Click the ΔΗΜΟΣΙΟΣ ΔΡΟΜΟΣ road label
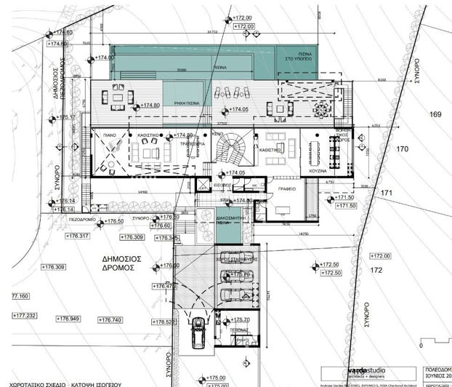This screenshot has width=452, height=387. point(119,263)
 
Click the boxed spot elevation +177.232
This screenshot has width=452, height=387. point(24,316)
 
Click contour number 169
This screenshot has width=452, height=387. point(435,114)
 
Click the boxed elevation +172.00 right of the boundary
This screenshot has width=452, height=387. point(380,256)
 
